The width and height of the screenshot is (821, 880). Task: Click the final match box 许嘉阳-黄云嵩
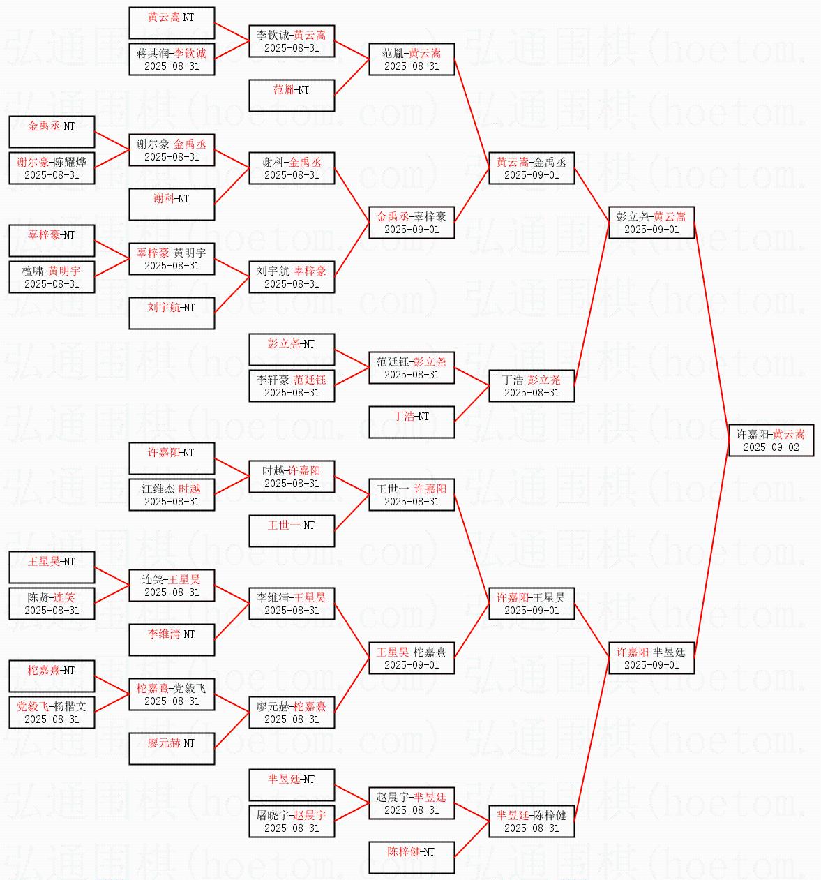tap(771, 440)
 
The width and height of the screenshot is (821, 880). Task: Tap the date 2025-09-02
tap(771, 447)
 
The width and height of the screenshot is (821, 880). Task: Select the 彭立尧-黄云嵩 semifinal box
tap(651, 223)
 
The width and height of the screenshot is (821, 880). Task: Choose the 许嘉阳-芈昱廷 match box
tap(651, 658)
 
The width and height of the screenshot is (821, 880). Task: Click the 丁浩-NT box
tap(412, 422)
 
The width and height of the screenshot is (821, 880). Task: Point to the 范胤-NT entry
tap(292, 96)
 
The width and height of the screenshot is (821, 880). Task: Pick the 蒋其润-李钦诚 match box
tap(172, 59)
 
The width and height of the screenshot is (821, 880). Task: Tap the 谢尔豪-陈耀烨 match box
tap(52, 168)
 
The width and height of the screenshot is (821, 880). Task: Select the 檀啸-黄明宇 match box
tap(52, 277)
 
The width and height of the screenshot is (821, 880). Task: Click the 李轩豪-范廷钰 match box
tap(292, 386)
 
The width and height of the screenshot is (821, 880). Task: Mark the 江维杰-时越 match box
tap(172, 495)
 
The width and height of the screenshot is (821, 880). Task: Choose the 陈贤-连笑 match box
tap(52, 604)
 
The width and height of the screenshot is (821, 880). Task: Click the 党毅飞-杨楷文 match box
tap(52, 713)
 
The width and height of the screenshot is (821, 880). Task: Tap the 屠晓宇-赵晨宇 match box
tap(292, 821)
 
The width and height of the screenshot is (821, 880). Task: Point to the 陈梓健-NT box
tap(412, 858)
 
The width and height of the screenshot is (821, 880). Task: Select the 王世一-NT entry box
tap(292, 531)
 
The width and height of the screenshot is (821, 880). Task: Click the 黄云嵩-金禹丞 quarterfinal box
tap(532, 168)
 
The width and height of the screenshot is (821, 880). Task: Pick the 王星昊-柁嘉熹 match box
tap(412, 658)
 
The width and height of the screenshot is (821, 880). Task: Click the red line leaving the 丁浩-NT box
tap(472, 403)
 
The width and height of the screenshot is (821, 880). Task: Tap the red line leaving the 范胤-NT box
tap(352, 77)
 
